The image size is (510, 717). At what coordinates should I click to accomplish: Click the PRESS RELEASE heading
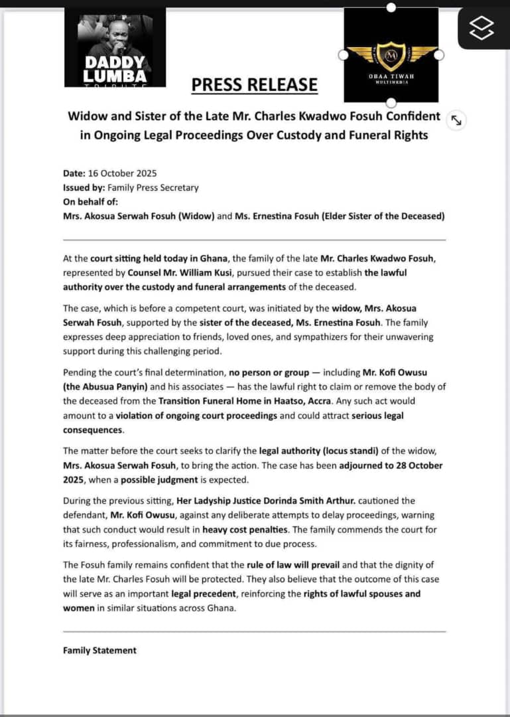tap(255, 85)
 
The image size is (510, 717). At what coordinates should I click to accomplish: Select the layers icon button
tap(482, 27)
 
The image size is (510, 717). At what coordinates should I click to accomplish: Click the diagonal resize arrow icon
tap(456, 119)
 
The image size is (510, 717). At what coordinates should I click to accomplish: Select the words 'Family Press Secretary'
tap(153, 187)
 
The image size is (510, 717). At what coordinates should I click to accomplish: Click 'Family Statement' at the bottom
tap(99, 651)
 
